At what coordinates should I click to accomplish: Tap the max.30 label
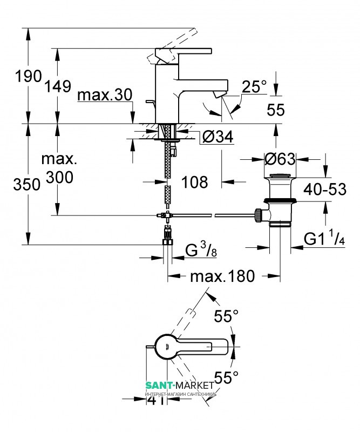pos(104,95)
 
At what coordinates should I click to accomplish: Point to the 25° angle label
pos(254,86)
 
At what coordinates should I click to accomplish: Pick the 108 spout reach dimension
pos(195,182)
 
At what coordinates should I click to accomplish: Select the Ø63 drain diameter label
pos(279,159)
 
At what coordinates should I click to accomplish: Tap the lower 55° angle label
pos(226,376)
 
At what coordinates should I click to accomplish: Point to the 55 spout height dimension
pos(275,110)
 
